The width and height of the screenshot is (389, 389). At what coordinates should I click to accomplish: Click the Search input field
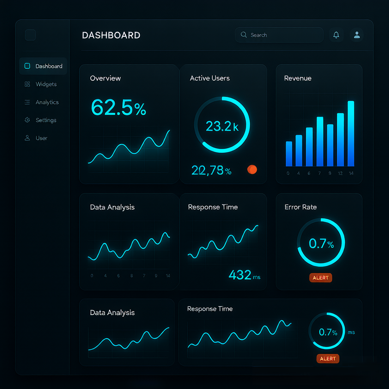click(x=279, y=35)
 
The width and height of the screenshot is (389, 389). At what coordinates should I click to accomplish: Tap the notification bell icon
click(x=336, y=35)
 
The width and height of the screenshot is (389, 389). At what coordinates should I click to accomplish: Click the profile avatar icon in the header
click(x=357, y=35)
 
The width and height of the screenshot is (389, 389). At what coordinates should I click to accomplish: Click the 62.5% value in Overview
click(x=119, y=108)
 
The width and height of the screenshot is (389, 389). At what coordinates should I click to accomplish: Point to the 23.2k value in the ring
click(x=222, y=126)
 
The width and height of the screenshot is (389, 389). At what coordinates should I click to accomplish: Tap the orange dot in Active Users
click(x=252, y=169)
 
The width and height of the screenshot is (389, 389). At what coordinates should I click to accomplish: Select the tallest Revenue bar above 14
click(x=351, y=133)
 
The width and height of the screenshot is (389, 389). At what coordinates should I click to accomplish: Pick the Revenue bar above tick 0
click(x=289, y=154)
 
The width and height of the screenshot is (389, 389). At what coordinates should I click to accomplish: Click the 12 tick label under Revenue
click(x=340, y=173)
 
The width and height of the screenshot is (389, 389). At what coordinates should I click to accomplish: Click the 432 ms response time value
click(x=244, y=275)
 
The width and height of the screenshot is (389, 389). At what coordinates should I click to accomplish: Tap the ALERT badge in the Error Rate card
click(x=321, y=278)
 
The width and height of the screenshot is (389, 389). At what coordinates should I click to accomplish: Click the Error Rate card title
click(x=301, y=207)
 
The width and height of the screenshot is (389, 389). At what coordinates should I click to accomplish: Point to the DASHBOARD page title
click(x=111, y=35)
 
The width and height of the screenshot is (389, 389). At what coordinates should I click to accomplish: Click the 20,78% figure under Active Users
click(x=211, y=170)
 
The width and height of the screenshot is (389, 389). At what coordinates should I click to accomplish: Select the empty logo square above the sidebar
click(x=30, y=35)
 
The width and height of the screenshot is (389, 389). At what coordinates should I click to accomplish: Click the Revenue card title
click(x=298, y=78)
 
